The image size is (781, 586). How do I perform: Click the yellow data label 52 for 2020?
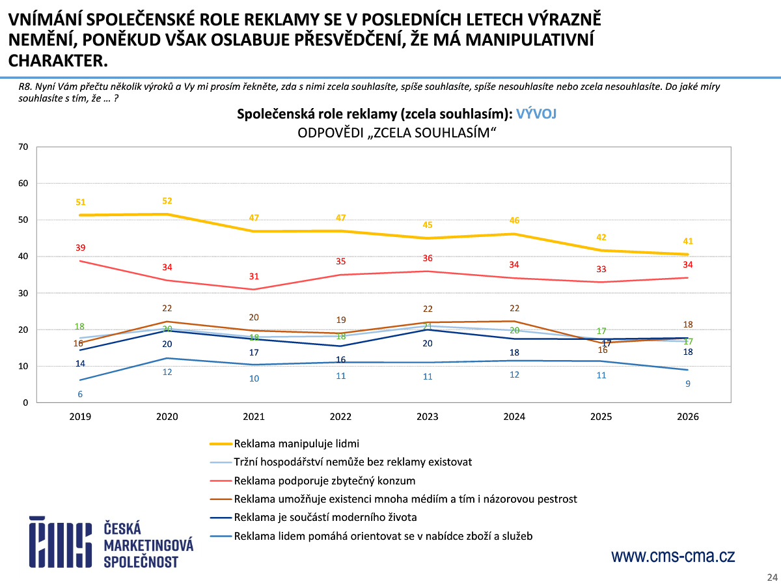point(167,201)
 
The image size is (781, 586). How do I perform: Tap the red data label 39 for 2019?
point(80,248)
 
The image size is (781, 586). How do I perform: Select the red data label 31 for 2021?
point(254,277)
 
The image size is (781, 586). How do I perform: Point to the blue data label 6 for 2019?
point(80,394)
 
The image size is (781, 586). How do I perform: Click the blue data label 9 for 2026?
point(688,384)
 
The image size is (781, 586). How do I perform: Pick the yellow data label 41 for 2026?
point(688,242)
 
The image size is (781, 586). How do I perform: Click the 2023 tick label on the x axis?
point(427,417)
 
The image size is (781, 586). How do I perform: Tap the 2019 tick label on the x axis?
point(80,417)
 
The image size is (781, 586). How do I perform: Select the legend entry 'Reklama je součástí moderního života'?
point(325,518)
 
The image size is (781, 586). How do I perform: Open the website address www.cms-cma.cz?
point(672,557)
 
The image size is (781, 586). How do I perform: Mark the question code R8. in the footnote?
point(26,87)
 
